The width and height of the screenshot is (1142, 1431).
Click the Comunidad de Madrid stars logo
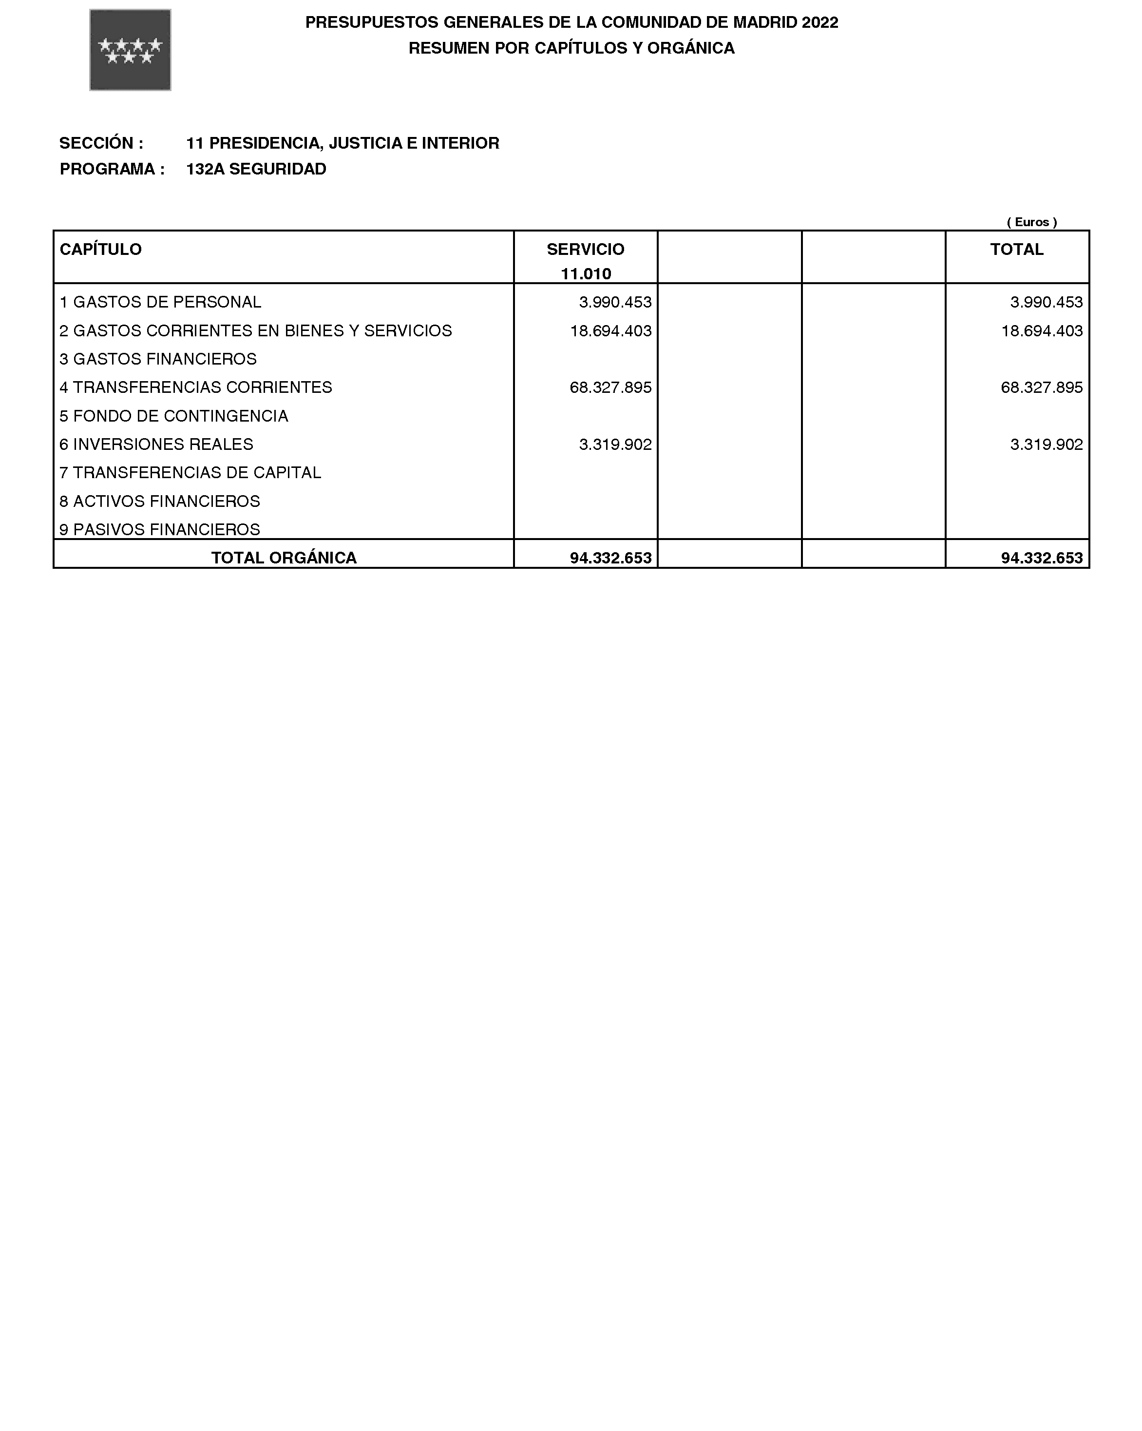(130, 50)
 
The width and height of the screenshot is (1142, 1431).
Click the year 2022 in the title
(819, 22)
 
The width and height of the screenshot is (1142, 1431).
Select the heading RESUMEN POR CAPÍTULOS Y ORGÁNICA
(571, 48)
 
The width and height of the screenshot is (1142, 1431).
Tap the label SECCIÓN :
(101, 143)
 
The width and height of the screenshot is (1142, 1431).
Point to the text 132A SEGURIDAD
(256, 169)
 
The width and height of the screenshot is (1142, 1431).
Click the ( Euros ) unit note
(1031, 222)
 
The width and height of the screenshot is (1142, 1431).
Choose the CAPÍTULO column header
(101, 250)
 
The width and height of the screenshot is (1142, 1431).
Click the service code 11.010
(585, 274)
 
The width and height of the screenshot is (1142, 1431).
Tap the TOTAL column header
(1017, 250)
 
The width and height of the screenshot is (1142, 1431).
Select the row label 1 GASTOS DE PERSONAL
(161, 303)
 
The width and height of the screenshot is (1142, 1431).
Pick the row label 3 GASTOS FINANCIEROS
(158, 359)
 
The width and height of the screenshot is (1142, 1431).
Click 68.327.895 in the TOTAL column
(1041, 387)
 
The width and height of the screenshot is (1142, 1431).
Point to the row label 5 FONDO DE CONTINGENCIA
(174, 416)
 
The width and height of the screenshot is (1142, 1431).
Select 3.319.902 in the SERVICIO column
(615, 445)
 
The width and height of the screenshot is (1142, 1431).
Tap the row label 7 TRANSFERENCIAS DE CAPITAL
(190, 473)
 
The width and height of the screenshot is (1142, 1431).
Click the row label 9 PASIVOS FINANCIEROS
(160, 530)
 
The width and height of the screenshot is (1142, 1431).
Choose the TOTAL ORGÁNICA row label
(284, 558)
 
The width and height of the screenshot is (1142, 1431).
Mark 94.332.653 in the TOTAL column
(1041, 558)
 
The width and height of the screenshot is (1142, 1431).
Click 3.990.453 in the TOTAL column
(1046, 303)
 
